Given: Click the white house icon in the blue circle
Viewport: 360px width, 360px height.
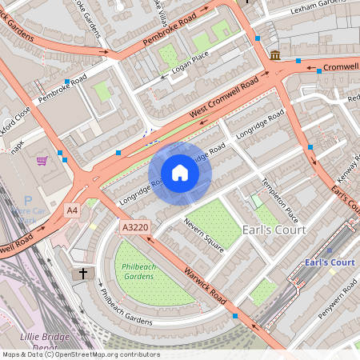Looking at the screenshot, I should pos(180,172).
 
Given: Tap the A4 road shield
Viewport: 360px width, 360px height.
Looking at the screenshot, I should pos(73,210).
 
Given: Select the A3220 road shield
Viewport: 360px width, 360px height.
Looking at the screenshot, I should pos(134,228).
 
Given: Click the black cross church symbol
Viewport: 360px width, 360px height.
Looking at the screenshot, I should pos(82,274).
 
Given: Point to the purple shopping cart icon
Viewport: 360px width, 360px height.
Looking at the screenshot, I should pos(42,160).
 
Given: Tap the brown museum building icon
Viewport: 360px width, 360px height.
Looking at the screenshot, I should pos(275,55).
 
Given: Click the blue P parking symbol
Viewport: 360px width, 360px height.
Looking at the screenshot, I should pos(29,200).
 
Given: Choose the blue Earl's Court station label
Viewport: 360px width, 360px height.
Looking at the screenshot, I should pos(329,262).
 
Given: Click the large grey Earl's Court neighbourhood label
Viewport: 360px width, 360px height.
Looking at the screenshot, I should pos(274,230).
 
